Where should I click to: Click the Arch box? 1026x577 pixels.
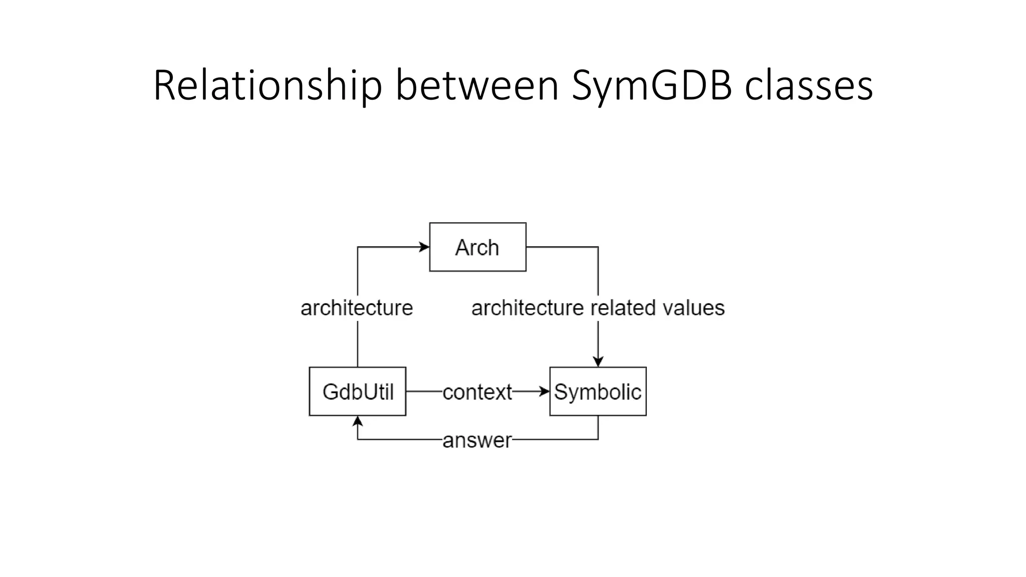pos(477,247)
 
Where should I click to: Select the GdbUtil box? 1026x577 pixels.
pos(357,391)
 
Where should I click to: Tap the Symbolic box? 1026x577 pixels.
pos(598,391)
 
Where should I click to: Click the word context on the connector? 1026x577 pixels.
pos(477,392)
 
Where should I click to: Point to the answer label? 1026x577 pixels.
pos(477,440)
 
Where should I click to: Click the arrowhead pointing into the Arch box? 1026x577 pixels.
pos(425,247)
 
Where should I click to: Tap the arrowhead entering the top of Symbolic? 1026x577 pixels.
pos(598,362)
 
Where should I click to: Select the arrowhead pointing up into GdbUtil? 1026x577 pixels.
pos(357,421)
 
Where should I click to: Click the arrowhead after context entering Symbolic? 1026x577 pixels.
pos(545,391)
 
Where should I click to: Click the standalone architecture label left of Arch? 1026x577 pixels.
pos(357,308)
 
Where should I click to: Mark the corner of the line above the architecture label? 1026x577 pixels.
pos(357,247)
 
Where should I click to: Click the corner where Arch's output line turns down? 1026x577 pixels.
pos(598,247)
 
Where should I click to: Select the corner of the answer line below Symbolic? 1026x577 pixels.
pos(598,439)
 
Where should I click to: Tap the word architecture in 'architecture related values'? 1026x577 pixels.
pos(528,308)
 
